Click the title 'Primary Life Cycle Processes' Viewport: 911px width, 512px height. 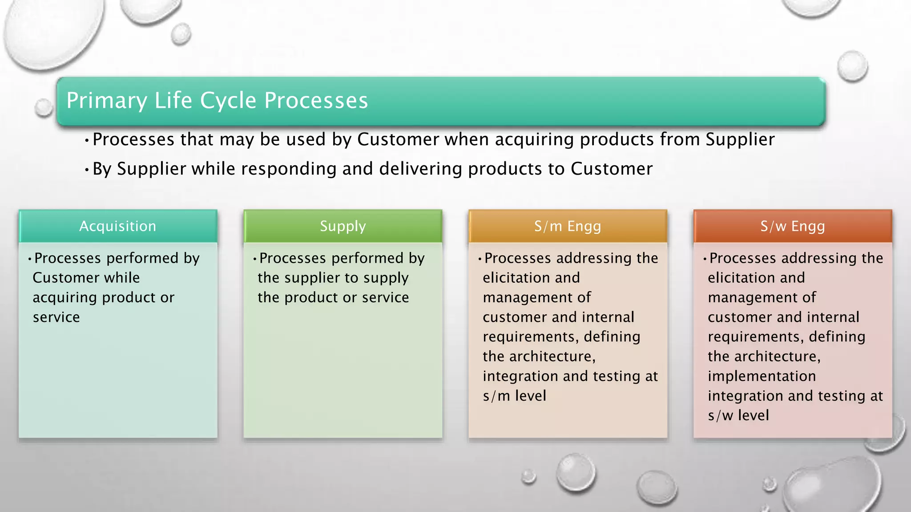point(217,100)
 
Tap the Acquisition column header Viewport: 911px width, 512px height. point(118,226)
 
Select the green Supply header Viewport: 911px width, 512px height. point(343,226)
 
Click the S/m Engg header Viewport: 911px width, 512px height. point(568,226)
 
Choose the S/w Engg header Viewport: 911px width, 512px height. point(793,226)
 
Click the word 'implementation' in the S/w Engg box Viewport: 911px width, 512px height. point(762,376)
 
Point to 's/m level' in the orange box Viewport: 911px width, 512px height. point(514,396)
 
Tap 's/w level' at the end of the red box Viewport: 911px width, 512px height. point(738,415)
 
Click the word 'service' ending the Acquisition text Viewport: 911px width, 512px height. point(56,317)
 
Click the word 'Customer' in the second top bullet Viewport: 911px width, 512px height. point(612,169)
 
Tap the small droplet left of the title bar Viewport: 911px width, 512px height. point(44,107)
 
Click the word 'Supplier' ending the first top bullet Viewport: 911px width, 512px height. point(740,140)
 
